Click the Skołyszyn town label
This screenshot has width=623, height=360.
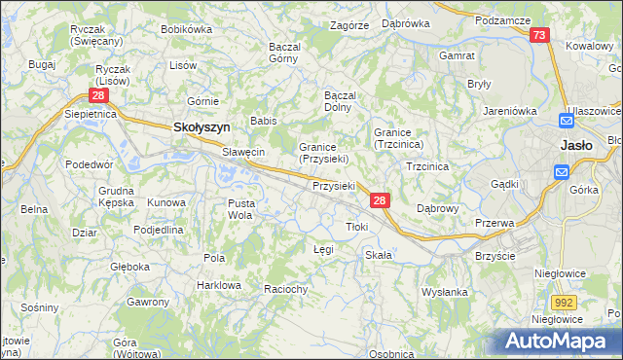tap(201, 126)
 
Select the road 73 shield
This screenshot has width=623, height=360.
tap(541, 35)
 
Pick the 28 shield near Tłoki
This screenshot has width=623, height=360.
tap(380, 200)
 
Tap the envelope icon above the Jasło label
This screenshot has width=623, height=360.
tap(566, 121)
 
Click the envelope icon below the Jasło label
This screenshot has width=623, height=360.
tap(561, 172)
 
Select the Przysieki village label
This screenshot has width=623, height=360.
tap(332, 185)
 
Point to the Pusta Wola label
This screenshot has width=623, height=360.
tap(239, 209)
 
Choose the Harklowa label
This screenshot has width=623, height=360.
tap(218, 285)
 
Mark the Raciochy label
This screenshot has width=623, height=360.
tap(286, 289)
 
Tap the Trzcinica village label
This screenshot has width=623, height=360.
tap(426, 166)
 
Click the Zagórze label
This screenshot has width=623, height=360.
tap(348, 25)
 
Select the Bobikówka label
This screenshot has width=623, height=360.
tap(186, 29)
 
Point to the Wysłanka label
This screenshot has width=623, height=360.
tap(445, 292)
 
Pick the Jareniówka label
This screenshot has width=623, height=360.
tap(510, 111)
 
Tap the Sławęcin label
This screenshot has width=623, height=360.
tap(243, 152)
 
